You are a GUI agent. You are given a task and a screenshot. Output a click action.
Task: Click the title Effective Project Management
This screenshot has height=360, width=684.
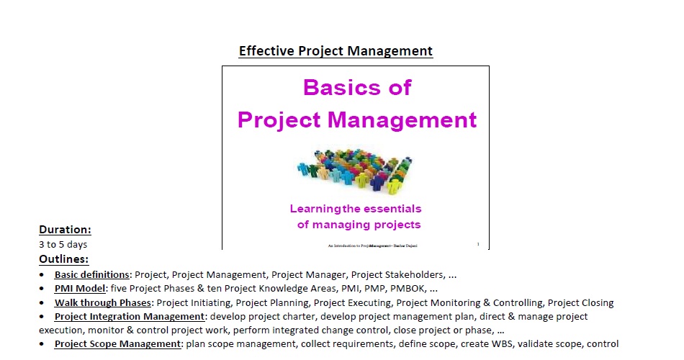pos(336,51)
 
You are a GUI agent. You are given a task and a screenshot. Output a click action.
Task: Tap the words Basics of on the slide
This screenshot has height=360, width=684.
pos(356,87)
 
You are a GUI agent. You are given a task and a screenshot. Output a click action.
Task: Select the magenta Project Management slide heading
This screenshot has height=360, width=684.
pos(356,120)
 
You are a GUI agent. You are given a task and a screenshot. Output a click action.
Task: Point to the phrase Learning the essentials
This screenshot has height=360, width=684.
pos(355,209)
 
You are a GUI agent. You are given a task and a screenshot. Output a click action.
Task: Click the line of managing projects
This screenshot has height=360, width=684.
pos(359,225)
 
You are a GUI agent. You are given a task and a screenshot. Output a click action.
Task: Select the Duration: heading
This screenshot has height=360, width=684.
pos(65,230)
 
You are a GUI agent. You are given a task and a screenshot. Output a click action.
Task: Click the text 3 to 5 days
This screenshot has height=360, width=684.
pos(63,245)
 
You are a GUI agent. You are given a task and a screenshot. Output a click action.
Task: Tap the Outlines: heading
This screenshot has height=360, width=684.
pos(64,259)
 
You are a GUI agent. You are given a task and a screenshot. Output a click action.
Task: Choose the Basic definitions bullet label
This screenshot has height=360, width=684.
pos(91,274)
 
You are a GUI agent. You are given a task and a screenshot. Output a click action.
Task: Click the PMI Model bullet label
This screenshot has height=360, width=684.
pos(80,288)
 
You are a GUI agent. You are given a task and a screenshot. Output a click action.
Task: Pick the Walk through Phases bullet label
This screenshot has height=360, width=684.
pos(103,302)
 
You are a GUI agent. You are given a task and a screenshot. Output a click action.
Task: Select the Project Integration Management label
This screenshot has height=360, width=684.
pos(129,316)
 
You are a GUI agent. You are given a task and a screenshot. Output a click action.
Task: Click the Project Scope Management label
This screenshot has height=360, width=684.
pos(117,344)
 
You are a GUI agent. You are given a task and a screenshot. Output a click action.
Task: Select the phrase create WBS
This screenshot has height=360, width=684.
pos(484,344)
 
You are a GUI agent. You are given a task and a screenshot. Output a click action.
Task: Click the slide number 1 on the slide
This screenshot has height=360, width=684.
pos(478,245)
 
